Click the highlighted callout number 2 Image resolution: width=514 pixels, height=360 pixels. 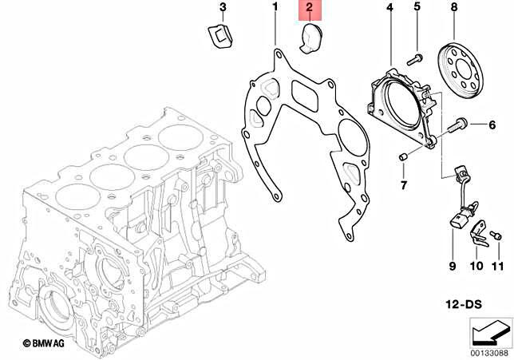(310, 10)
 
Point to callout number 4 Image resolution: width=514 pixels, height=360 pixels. (389, 8)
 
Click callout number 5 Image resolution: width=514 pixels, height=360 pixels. (417, 8)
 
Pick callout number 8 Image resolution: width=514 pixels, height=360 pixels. (453, 8)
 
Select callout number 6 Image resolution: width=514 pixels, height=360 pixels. (492, 125)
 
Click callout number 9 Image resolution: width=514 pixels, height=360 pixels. (451, 265)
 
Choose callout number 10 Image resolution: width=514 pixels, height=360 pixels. (476, 265)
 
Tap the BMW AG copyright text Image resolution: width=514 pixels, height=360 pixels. (49, 342)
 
